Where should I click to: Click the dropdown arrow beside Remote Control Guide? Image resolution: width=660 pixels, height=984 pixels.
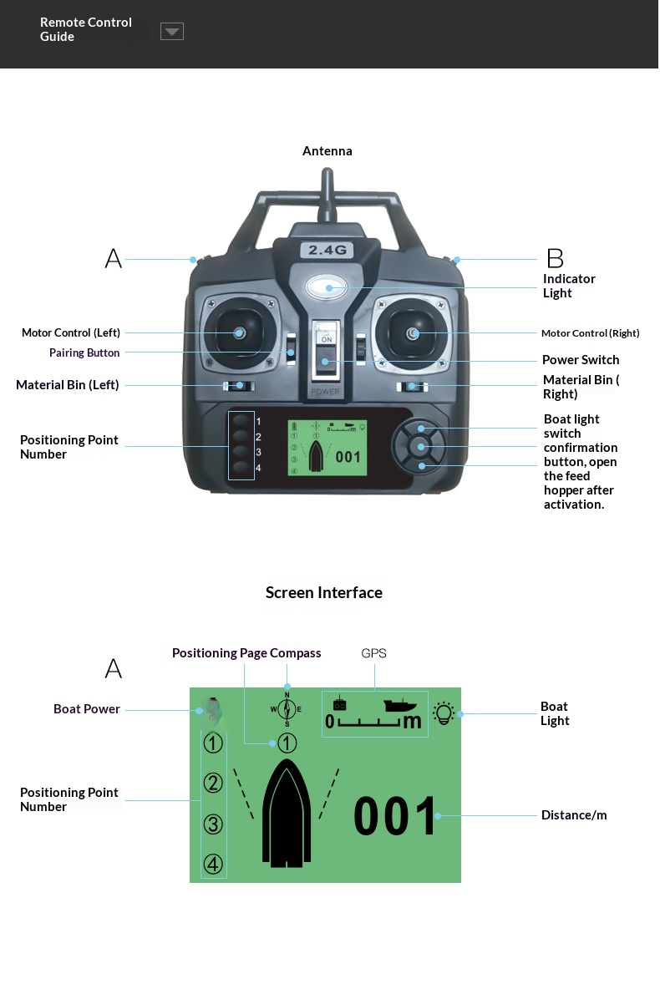click(172, 32)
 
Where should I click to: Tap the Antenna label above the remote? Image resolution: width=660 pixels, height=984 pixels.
click(327, 151)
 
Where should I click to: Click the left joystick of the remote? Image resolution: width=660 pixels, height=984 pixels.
click(239, 333)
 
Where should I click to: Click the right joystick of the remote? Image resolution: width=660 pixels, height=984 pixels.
click(413, 333)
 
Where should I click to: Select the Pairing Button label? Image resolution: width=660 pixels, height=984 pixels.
click(84, 353)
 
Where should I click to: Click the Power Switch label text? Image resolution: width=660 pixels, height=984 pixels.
click(581, 360)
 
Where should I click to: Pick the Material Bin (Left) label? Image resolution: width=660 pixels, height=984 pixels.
click(68, 385)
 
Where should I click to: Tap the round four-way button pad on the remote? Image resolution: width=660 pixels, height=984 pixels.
click(421, 447)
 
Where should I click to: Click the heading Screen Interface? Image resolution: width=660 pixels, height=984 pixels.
click(324, 593)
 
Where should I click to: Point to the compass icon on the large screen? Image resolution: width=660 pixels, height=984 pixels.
click(287, 709)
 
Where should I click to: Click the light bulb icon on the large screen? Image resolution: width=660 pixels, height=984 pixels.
click(444, 713)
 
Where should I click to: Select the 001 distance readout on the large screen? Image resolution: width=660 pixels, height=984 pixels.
click(395, 816)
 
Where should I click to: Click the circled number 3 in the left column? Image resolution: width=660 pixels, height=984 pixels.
click(213, 824)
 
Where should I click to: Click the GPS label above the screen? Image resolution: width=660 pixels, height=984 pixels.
click(373, 653)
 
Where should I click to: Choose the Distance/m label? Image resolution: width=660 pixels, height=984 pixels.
click(574, 815)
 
